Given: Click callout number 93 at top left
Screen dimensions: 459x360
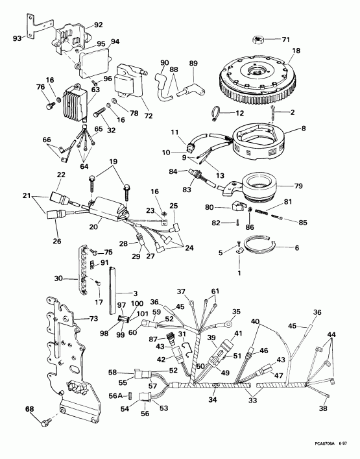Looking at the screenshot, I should click(x=19, y=38).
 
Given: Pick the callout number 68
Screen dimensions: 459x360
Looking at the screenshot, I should click(x=29, y=409).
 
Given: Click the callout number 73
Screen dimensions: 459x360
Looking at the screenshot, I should click(x=95, y=318).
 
